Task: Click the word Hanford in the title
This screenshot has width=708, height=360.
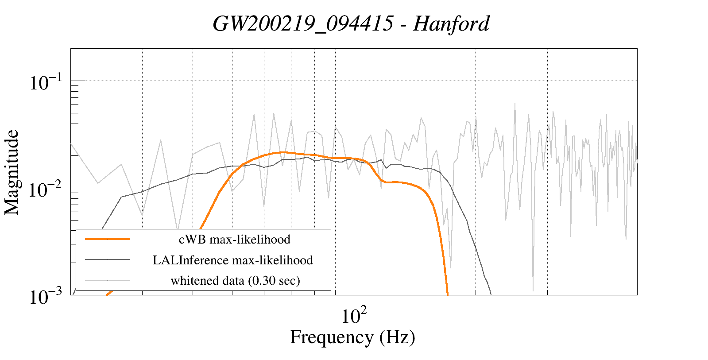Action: [x=451, y=23]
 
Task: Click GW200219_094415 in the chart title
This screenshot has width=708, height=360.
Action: [x=302, y=23]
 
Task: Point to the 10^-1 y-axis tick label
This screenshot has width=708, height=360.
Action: [x=46, y=82]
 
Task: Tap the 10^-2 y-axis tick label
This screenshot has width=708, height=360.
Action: [x=46, y=190]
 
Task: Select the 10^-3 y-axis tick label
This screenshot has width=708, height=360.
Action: [x=46, y=297]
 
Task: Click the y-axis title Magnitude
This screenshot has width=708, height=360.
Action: [x=12, y=172]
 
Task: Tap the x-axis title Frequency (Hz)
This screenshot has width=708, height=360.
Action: [x=352, y=337]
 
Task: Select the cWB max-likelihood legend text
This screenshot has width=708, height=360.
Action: [x=234, y=240]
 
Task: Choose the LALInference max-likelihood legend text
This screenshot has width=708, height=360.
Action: [x=232, y=260]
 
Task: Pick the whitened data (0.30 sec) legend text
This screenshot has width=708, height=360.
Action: [x=235, y=280]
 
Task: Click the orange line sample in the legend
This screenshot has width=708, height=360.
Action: [x=108, y=239]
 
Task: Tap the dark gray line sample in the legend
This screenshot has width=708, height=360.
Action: [x=108, y=260]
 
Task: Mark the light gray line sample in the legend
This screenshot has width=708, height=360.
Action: [x=108, y=280]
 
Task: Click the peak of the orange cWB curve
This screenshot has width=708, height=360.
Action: [x=282, y=152]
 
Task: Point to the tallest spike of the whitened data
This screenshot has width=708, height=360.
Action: [x=515, y=104]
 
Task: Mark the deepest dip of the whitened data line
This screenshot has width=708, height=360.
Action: [x=533, y=290]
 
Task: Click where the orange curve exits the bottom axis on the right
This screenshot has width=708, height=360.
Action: [x=448, y=294]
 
